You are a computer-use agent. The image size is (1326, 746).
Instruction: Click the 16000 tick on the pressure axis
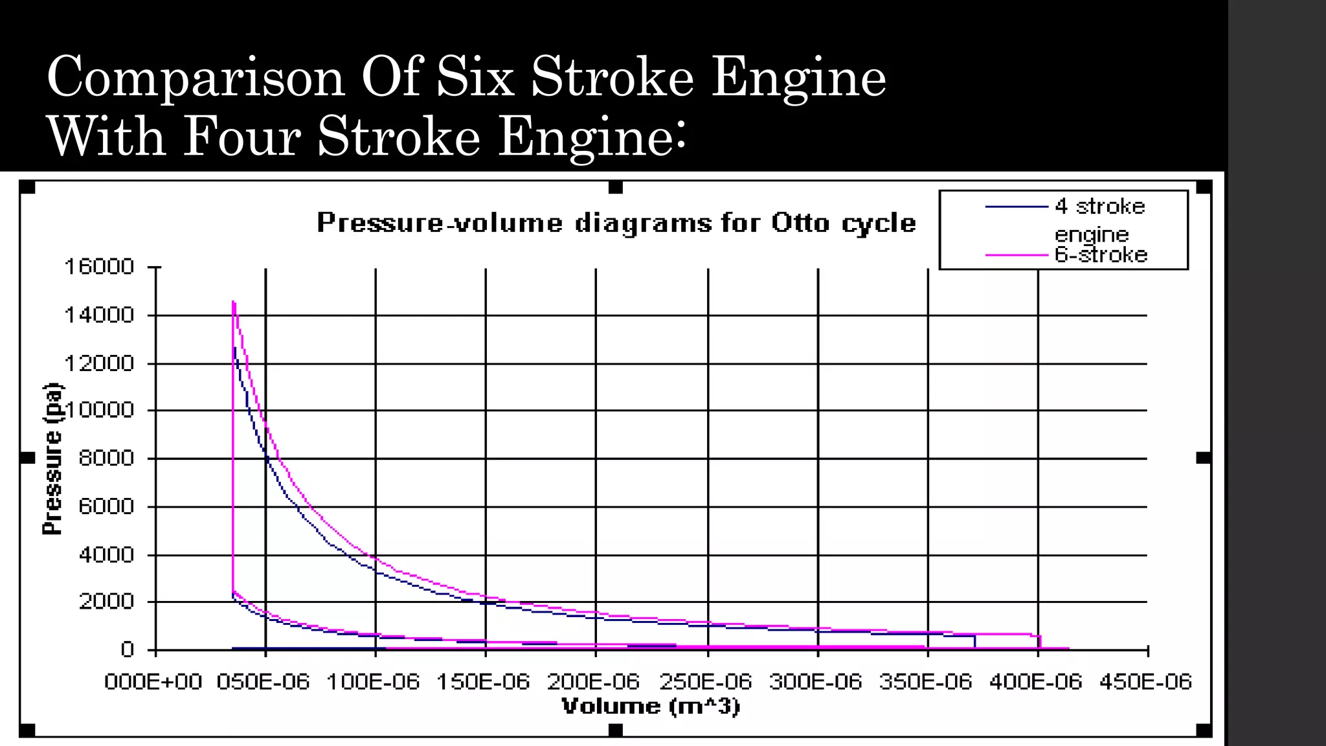point(99,267)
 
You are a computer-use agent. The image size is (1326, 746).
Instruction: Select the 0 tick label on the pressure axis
point(128,650)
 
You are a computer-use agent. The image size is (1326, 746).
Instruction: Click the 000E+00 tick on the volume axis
point(153,682)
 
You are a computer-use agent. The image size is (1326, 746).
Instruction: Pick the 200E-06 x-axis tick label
point(593,682)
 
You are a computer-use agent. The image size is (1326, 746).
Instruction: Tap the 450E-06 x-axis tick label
point(1145,682)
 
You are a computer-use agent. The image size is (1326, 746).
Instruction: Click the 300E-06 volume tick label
point(815,682)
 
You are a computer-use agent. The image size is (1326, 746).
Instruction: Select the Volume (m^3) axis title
point(650,706)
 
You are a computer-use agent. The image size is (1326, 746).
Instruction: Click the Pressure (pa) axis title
point(52,459)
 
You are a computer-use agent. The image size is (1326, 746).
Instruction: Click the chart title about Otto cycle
point(616,223)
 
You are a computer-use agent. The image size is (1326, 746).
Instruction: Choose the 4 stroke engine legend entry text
point(1099,220)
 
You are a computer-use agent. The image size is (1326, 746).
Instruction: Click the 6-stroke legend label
point(1101,254)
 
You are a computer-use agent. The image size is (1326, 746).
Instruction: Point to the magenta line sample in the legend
point(1017,255)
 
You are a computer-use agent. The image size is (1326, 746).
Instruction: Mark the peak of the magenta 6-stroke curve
point(233,302)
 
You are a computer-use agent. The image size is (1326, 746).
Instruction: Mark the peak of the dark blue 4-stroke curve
point(235,348)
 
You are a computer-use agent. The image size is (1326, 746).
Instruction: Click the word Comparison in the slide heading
point(196,78)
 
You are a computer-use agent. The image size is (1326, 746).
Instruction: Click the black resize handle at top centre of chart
point(616,188)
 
